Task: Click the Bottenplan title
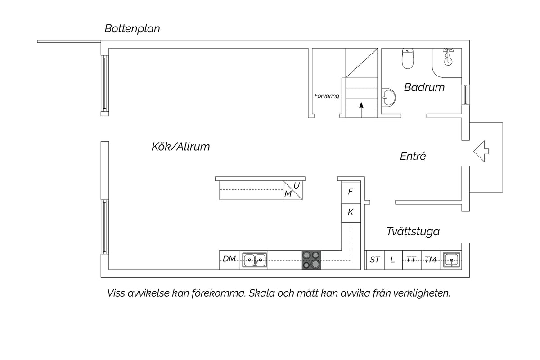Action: pos(132,29)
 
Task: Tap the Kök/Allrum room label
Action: pos(180,147)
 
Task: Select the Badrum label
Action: pos(424,87)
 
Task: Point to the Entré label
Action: pos(413,156)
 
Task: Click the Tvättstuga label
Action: pos(413,231)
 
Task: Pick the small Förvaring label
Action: pos(327,96)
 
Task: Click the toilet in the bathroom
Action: pos(408,58)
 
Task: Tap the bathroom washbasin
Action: pos(389,97)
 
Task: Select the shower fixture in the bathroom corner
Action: pos(448,57)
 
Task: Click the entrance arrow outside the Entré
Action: pos(481,151)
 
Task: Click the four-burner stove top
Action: pos(311,260)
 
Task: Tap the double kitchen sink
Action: pos(255,260)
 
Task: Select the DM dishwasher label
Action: pos(229,259)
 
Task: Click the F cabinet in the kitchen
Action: pos(351,192)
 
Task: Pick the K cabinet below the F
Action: pos(351,213)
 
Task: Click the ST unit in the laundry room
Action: pos(374,260)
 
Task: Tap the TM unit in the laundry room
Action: pos(431,260)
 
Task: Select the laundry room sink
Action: pos(451,260)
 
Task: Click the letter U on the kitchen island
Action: pos(297,186)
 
